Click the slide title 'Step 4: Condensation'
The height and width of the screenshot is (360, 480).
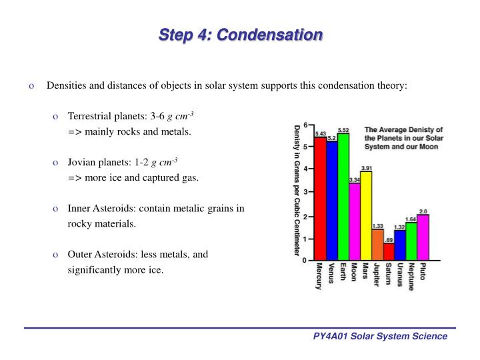(x=240, y=35)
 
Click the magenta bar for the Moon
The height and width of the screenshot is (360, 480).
(x=354, y=221)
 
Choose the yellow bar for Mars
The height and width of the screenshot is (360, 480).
(x=366, y=215)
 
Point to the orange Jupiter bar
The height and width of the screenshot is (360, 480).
(x=377, y=245)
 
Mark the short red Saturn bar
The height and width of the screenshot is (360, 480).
(x=389, y=252)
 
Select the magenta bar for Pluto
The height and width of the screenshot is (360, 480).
(x=423, y=237)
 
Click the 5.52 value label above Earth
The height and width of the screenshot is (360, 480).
(x=343, y=130)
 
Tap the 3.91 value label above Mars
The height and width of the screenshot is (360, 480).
(x=367, y=167)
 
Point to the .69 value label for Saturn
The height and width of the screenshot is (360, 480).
(x=389, y=239)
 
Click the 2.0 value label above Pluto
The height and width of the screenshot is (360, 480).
(x=423, y=211)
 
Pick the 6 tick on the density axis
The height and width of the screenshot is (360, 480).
(x=305, y=125)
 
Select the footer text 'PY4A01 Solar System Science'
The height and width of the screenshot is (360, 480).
(x=380, y=337)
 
